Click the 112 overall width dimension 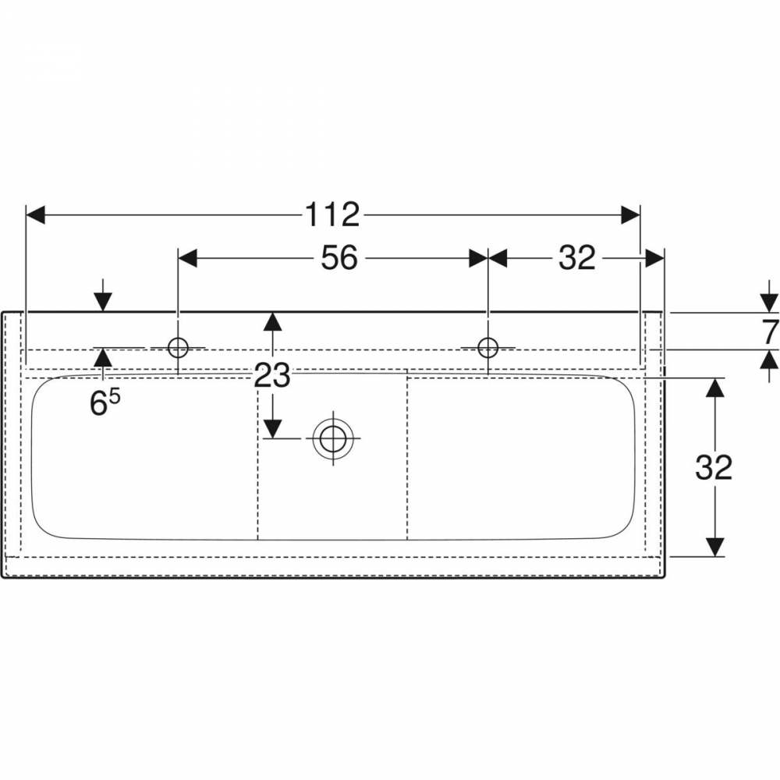pos(331,215)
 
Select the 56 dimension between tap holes pos(339,258)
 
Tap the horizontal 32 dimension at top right pos(577,258)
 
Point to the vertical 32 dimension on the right pos(714,467)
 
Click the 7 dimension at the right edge pos(770,331)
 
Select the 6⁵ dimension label pos(105,402)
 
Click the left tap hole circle pos(178,347)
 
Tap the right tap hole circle pos(488,347)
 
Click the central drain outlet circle pos(333,438)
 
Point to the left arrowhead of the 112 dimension pos(35,215)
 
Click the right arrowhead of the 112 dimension pos(630,215)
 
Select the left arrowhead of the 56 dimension pos(188,258)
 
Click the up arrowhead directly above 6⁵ pos(103,358)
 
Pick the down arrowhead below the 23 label pos(272,428)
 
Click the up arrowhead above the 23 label pos(272,321)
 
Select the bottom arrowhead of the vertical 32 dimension pos(714,547)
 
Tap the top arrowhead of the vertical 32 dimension pos(714,388)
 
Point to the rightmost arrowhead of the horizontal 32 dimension pos(654,258)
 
